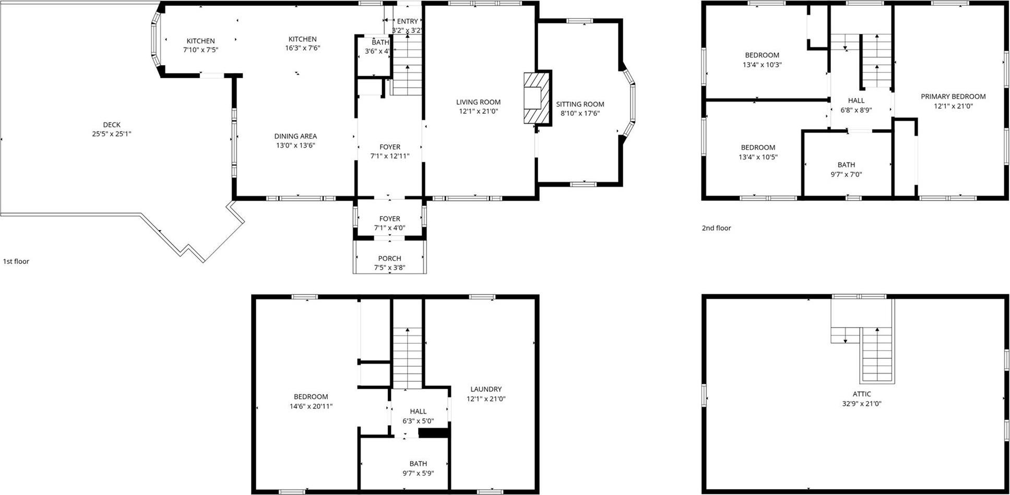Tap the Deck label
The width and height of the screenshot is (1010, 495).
coord(112,125)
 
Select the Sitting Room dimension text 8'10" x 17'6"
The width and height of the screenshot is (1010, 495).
coord(580,113)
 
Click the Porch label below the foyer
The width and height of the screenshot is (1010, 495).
coord(389,258)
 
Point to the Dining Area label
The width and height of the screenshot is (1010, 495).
coord(295,136)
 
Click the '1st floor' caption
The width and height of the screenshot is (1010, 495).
coord(16,261)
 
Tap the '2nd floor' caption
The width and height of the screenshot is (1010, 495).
coord(716,228)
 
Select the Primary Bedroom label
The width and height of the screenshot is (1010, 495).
coord(953,96)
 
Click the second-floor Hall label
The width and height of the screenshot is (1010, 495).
coord(856,101)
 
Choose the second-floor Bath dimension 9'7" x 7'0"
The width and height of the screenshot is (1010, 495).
coord(846,175)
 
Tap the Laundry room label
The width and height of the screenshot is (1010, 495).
coord(485,389)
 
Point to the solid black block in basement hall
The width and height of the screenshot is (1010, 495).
coord(434,433)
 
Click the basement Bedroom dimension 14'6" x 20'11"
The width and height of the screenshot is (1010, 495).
coord(311,406)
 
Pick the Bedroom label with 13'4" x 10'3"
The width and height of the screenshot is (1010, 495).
coord(762,55)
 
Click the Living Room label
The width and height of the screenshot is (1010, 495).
coord(478,102)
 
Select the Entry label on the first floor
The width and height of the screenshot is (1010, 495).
coord(407,21)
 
